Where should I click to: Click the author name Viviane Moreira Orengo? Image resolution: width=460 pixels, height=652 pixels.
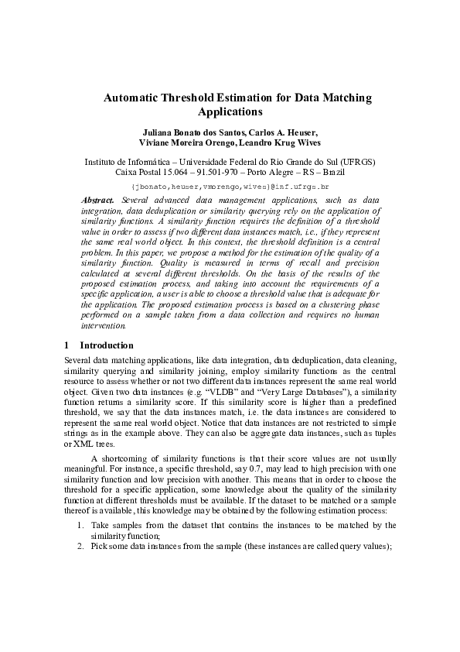[x=185, y=143]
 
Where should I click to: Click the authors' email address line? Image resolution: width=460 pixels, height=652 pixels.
[x=230, y=187]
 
